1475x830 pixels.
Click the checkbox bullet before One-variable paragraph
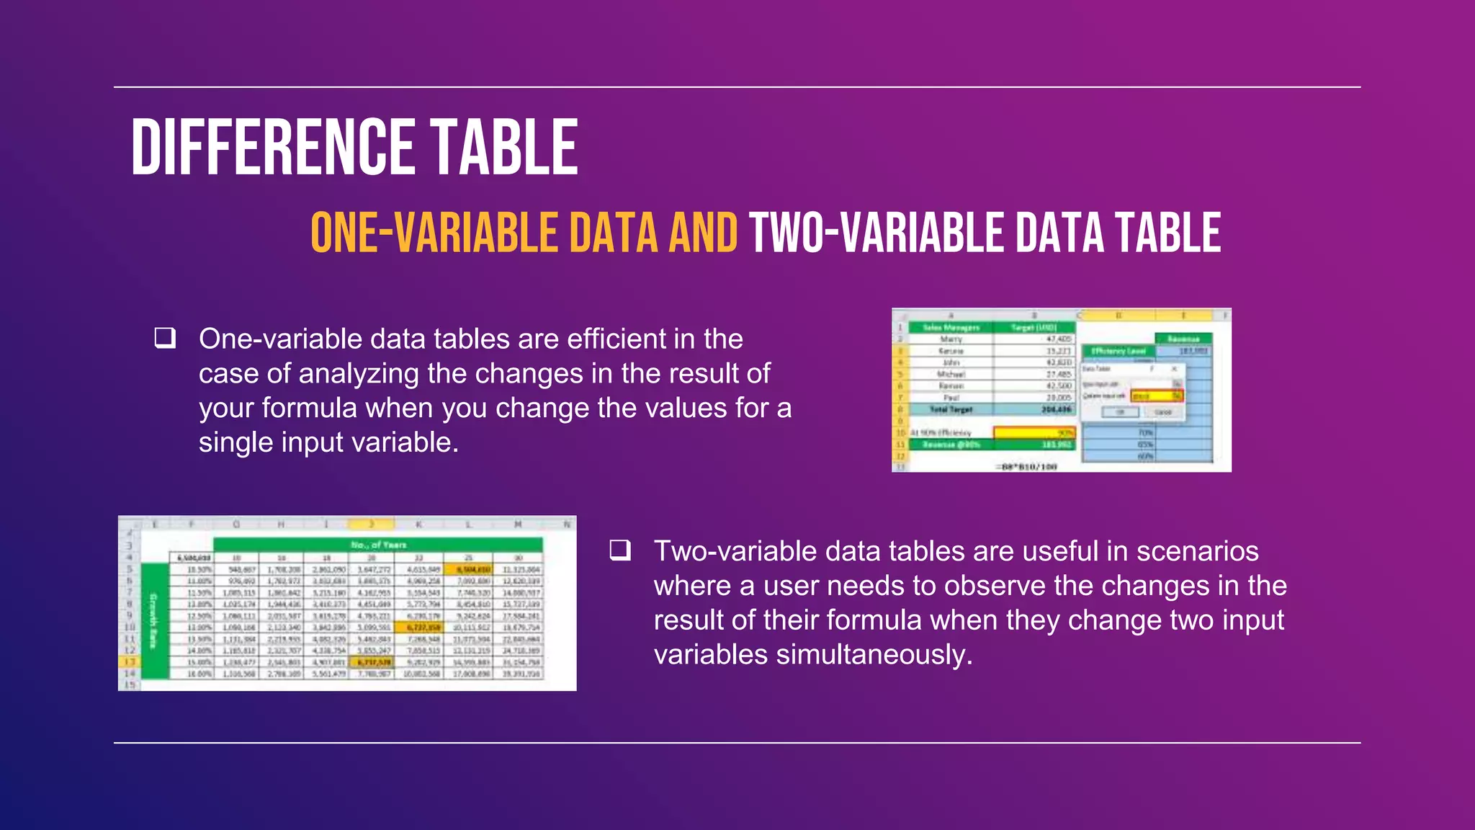click(x=165, y=338)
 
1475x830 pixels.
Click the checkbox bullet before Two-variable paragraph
click(x=620, y=550)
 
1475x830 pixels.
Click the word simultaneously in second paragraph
click(x=873, y=654)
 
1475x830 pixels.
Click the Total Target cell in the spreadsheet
click(x=951, y=409)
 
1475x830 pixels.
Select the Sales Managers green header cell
click(x=951, y=327)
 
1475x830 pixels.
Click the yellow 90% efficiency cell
click(x=1034, y=432)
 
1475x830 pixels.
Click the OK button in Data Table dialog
click(x=1121, y=412)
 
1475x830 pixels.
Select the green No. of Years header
click(x=378, y=545)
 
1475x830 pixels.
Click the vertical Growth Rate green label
click(x=153, y=620)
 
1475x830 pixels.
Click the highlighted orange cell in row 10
click(x=420, y=627)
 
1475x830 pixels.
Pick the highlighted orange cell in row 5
click(x=469, y=569)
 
